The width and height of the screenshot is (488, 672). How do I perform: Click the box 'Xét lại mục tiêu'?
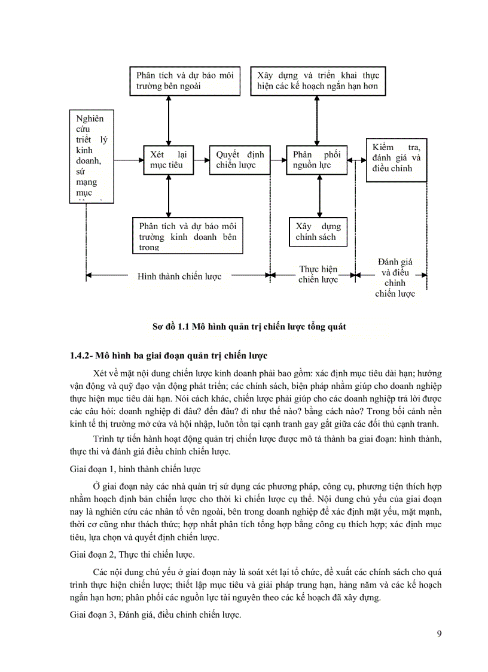pyautogui.click(x=169, y=160)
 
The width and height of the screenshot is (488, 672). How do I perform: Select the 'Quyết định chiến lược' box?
pyautogui.click(x=239, y=160)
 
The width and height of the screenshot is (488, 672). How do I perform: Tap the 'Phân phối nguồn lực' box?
pyautogui.click(x=316, y=160)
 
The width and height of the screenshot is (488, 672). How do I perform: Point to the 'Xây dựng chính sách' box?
pyautogui.click(x=318, y=232)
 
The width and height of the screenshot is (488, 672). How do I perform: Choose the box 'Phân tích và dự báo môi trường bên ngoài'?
pyautogui.click(x=185, y=81)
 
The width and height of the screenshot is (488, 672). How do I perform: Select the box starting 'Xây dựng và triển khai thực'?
pyautogui.click(x=318, y=81)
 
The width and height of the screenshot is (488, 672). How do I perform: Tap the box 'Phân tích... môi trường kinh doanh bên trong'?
pyautogui.click(x=188, y=236)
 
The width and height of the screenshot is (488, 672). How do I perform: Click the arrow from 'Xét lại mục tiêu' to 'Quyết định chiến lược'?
pyautogui.click(x=202, y=160)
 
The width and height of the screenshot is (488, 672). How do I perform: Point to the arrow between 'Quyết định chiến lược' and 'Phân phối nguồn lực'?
pyautogui.click(x=278, y=160)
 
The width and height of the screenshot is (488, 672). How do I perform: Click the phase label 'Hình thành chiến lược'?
pyautogui.click(x=179, y=276)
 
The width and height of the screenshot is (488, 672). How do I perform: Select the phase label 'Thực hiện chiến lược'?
pyautogui.click(x=318, y=274)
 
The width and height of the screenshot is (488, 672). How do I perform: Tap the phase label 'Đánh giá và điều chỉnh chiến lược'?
pyautogui.click(x=395, y=278)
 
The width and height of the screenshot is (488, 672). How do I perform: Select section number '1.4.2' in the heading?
pyautogui.click(x=81, y=356)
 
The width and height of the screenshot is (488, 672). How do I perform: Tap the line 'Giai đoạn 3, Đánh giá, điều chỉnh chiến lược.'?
pyautogui.click(x=155, y=615)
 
